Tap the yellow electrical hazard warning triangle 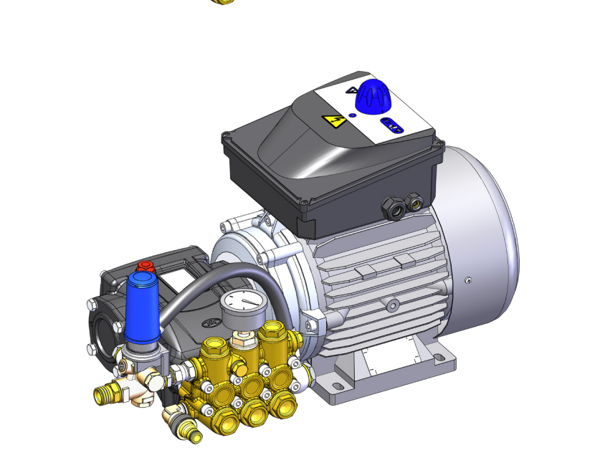[x=333, y=120]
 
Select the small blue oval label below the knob [x=392, y=125]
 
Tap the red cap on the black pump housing [x=146, y=266]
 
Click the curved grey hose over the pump [x=208, y=276]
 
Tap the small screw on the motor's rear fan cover [x=469, y=281]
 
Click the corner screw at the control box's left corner [x=227, y=135]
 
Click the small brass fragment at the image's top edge [x=224, y=1]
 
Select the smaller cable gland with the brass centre [x=414, y=202]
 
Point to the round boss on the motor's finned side [x=391, y=306]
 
